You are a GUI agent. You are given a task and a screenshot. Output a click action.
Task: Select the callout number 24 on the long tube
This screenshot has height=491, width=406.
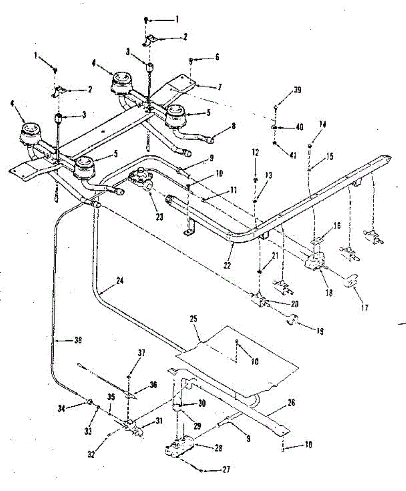coord(120,281)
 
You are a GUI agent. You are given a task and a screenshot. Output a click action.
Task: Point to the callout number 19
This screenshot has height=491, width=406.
coord(317,332)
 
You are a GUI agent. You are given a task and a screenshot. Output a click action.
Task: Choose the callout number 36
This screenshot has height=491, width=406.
coord(153,385)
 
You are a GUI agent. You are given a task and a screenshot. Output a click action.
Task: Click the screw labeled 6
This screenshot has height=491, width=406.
coord(191,61)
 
